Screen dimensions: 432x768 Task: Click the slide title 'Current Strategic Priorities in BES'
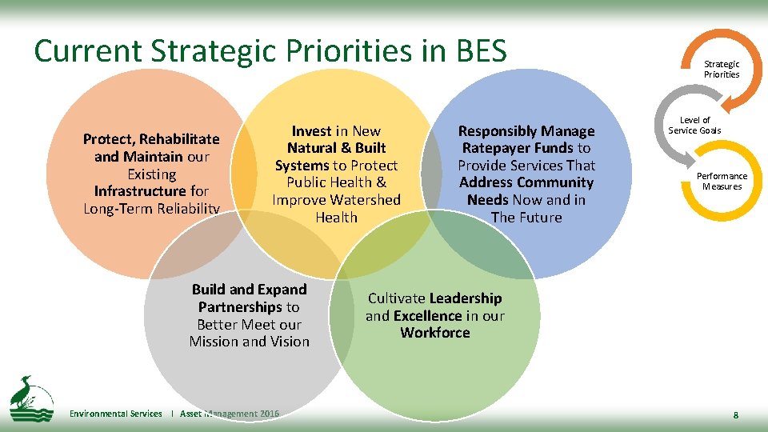pos(270,51)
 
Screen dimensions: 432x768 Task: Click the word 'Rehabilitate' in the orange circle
pos(181,139)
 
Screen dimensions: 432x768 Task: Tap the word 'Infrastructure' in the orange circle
pos(139,191)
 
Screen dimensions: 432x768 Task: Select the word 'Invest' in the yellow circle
pos(311,131)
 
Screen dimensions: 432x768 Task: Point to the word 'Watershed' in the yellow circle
pos(367,200)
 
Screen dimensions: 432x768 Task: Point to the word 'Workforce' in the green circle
pos(435,333)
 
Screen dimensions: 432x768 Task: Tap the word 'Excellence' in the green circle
pos(427,316)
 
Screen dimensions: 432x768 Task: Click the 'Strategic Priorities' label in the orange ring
pos(721,69)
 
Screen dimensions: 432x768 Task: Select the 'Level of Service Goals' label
pos(694,126)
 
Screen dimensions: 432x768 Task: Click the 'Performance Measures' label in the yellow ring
pos(722,182)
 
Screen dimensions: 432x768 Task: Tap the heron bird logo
pos(30,397)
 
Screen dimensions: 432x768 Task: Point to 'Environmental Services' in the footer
pos(115,414)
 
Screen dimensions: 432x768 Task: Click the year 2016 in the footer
pos(270,414)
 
